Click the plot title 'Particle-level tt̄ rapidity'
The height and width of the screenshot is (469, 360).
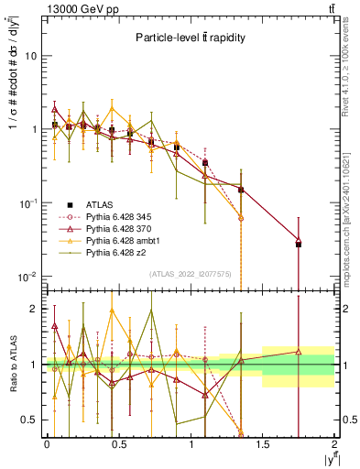click(190, 38)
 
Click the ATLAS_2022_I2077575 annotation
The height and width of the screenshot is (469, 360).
click(190, 274)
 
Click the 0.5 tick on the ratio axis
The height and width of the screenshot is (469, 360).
click(31, 420)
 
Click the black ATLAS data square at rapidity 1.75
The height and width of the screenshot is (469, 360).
click(299, 245)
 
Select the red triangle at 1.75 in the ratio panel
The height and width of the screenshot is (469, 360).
click(299, 351)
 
